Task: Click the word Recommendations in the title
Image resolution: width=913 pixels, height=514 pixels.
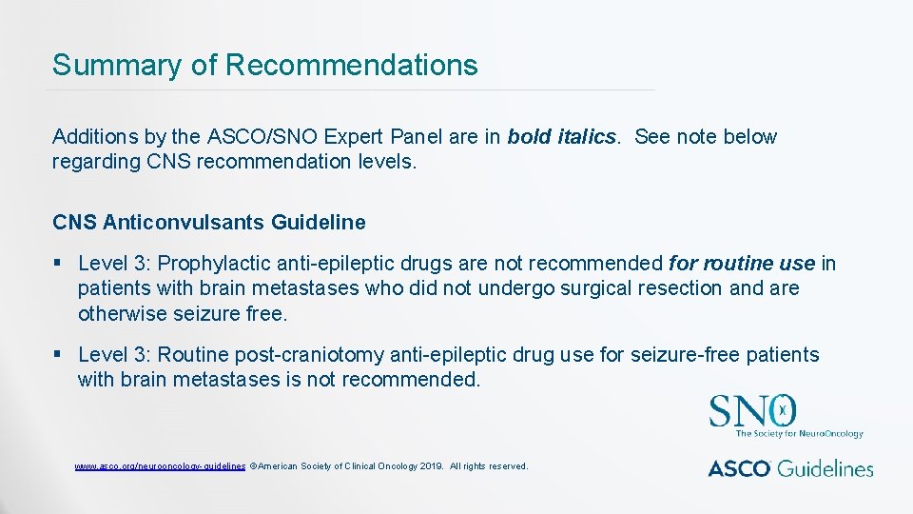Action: [352, 66]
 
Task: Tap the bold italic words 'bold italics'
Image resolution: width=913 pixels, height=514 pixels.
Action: [561, 137]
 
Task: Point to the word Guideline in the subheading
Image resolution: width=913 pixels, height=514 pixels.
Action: [318, 223]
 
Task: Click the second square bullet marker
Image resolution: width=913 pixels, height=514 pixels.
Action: [58, 355]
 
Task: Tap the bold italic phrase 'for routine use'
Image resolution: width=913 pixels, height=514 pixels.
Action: [742, 264]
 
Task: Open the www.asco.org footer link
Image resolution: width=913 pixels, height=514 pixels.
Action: [160, 466]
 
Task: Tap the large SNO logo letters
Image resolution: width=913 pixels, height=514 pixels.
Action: [751, 412]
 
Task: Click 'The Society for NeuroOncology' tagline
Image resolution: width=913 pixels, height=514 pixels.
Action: [799, 434]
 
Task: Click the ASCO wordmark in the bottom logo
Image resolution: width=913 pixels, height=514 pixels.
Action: [741, 468]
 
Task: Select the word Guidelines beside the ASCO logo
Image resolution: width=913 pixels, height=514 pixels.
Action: [827, 468]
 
